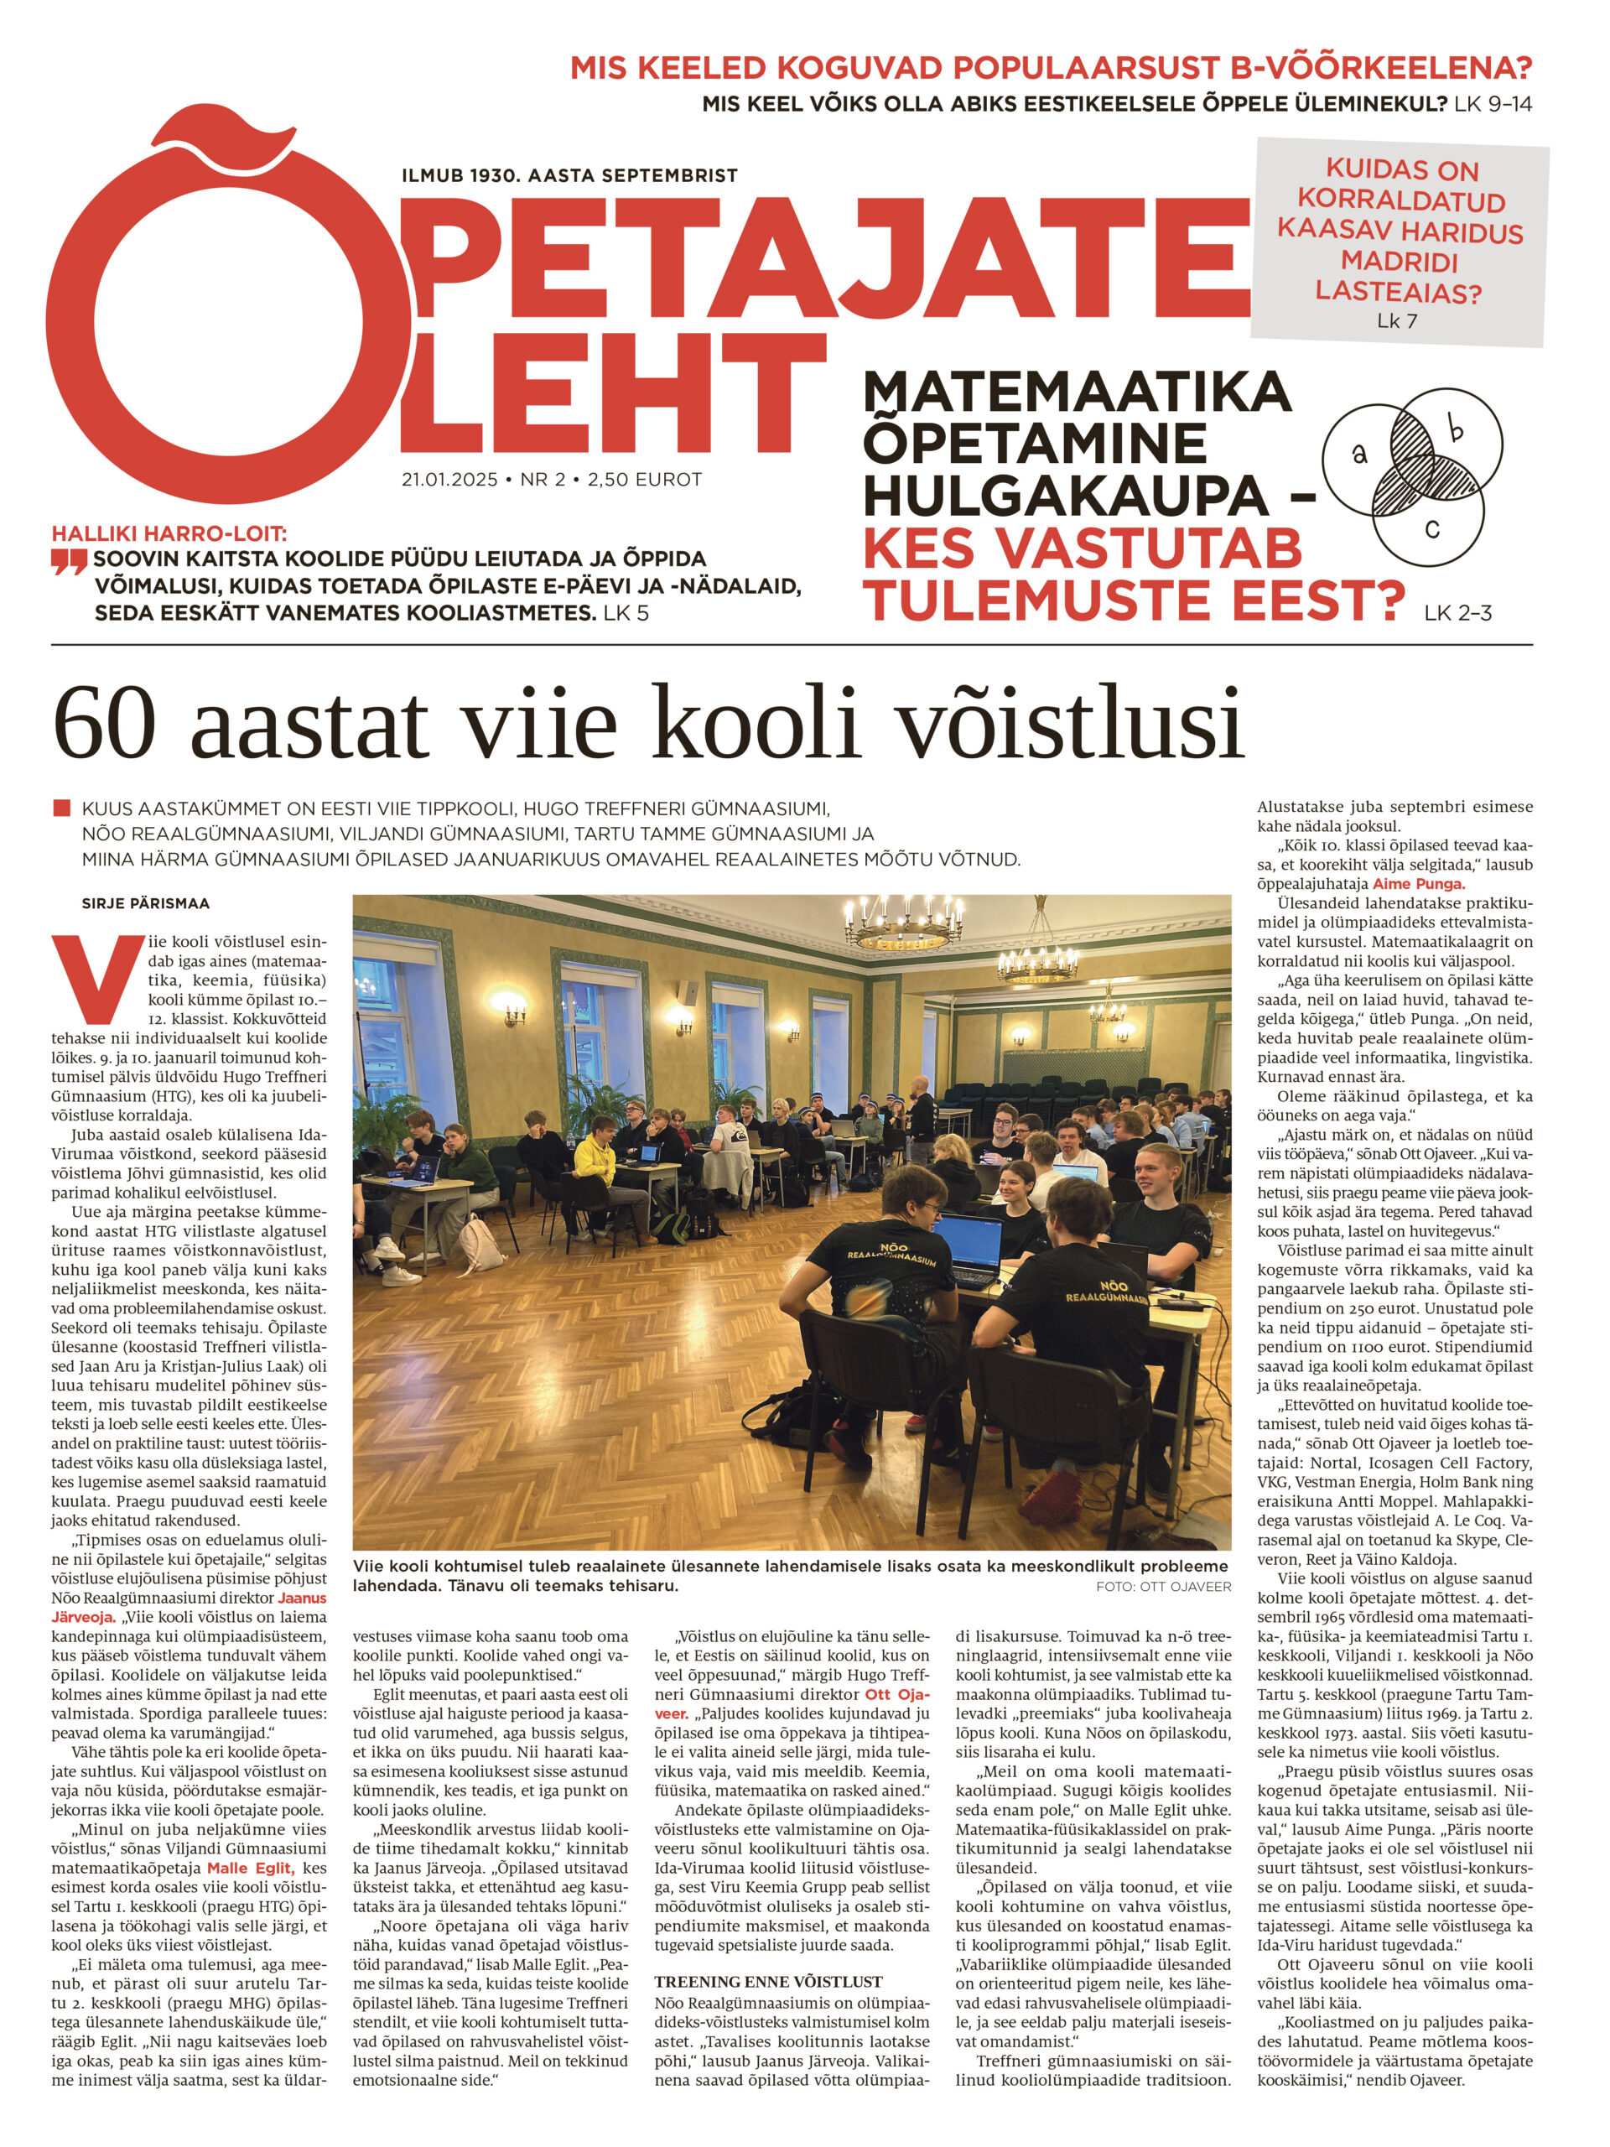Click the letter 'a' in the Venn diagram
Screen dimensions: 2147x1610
pos(1358,451)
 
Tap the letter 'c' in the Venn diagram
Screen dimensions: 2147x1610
pos(1431,529)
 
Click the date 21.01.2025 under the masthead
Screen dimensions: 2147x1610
pos(449,480)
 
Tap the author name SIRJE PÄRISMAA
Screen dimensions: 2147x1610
pos(146,902)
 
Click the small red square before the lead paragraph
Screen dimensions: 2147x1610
pos(62,808)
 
